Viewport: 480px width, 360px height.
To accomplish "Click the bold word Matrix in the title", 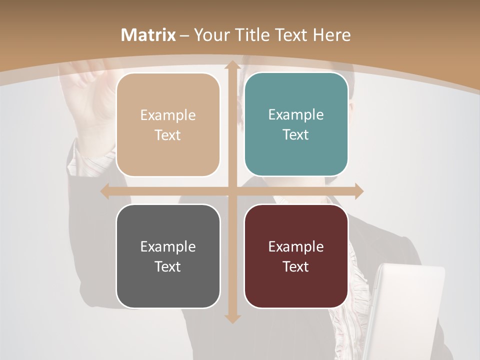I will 148,35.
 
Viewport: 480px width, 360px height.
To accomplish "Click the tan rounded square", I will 168,124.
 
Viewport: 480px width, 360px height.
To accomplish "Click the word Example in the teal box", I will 296,114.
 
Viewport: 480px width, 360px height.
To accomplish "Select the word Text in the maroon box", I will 296,266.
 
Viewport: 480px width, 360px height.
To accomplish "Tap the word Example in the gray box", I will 168,246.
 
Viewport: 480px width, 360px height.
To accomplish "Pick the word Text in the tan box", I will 168,135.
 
